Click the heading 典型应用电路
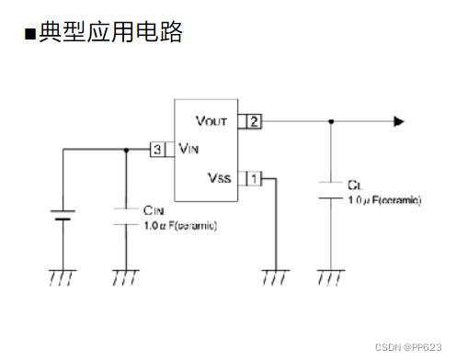click(109, 33)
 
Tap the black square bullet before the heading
click(29, 35)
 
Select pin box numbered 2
click(254, 121)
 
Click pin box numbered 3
click(159, 149)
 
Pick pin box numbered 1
click(254, 177)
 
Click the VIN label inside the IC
click(190, 149)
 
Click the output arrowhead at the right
click(398, 121)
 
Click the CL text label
click(356, 185)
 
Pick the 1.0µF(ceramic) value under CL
click(383, 199)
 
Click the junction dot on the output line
click(331, 121)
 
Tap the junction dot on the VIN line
click(125, 149)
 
